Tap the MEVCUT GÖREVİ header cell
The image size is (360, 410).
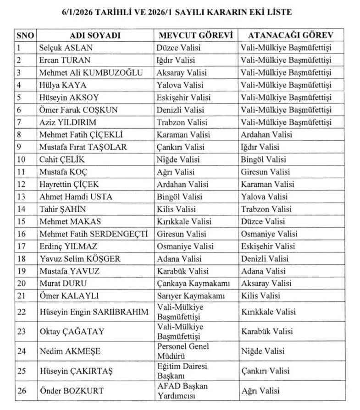pyautogui.click(x=196, y=36)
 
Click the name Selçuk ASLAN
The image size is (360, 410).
pyautogui.click(x=66, y=48)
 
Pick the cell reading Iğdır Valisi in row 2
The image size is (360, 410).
pyautogui.click(x=176, y=60)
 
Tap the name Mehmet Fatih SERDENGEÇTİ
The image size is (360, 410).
pyautogui.click(x=94, y=234)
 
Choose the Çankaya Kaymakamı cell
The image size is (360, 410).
pyautogui.click(x=193, y=284)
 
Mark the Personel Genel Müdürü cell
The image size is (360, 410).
pyautogui.click(x=183, y=351)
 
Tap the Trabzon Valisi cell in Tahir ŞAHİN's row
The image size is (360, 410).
pyautogui.click(x=266, y=209)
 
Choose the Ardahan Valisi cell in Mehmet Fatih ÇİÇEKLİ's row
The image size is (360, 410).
pyautogui.click(x=266, y=135)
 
